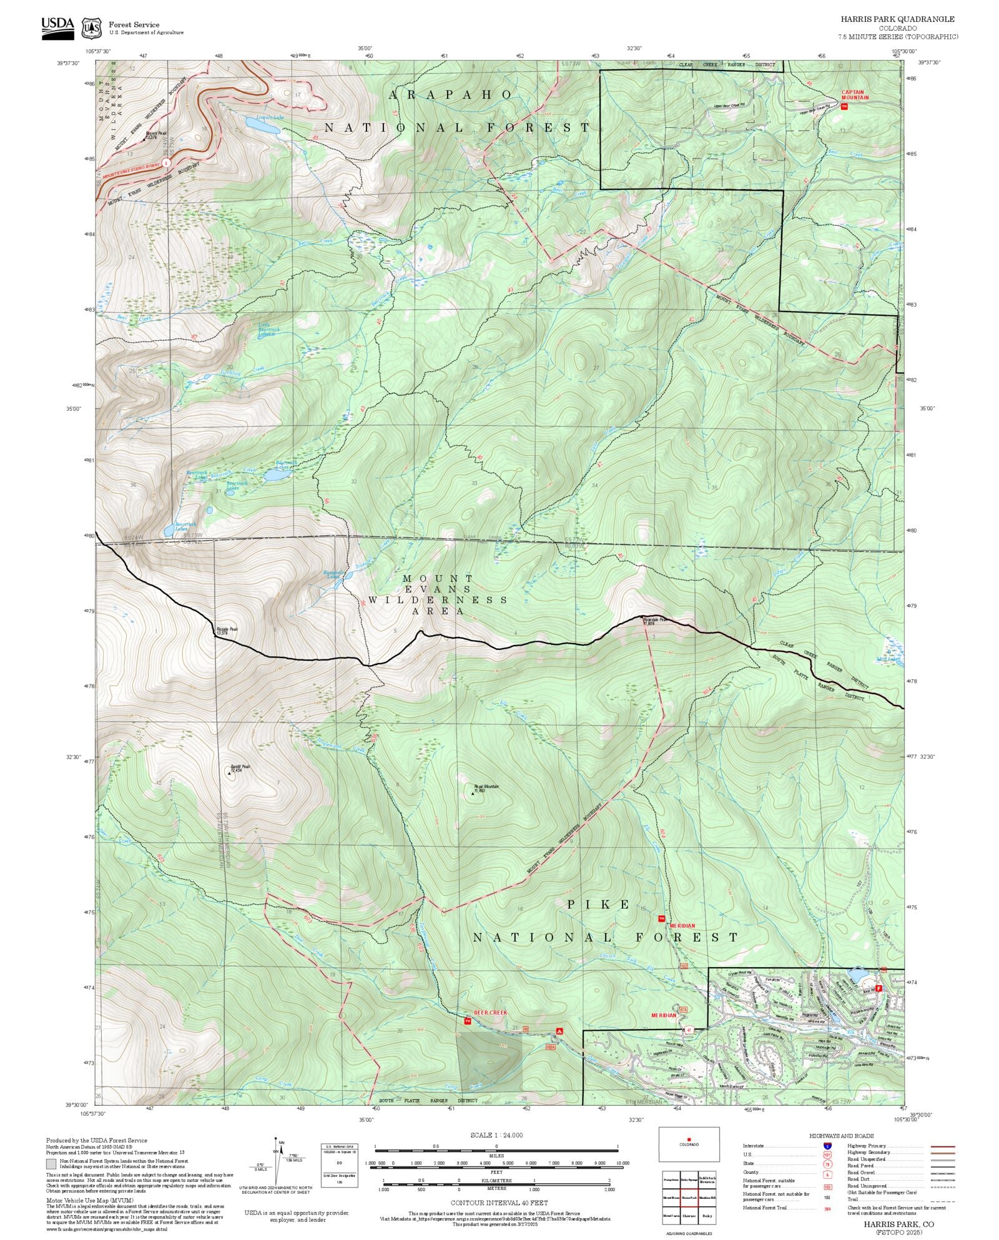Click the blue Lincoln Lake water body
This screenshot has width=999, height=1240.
click(262, 125)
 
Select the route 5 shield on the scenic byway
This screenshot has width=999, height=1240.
click(166, 162)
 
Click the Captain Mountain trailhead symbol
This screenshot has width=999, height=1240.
click(845, 107)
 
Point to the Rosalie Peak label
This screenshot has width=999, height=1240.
click(227, 631)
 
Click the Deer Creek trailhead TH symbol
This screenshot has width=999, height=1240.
click(467, 1021)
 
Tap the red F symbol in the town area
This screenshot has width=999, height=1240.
click(878, 989)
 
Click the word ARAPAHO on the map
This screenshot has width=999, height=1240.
click(450, 94)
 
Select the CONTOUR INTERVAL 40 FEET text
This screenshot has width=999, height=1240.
click(499, 1203)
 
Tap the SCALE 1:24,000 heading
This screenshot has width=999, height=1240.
click(496, 1135)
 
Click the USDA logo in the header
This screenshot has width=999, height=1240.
click(57, 27)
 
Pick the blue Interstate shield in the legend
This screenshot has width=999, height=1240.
click(827, 1146)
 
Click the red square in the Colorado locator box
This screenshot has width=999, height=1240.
click(689, 1139)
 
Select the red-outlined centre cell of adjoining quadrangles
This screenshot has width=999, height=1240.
click(689, 1198)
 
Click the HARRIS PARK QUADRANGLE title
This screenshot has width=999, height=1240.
click(897, 19)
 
